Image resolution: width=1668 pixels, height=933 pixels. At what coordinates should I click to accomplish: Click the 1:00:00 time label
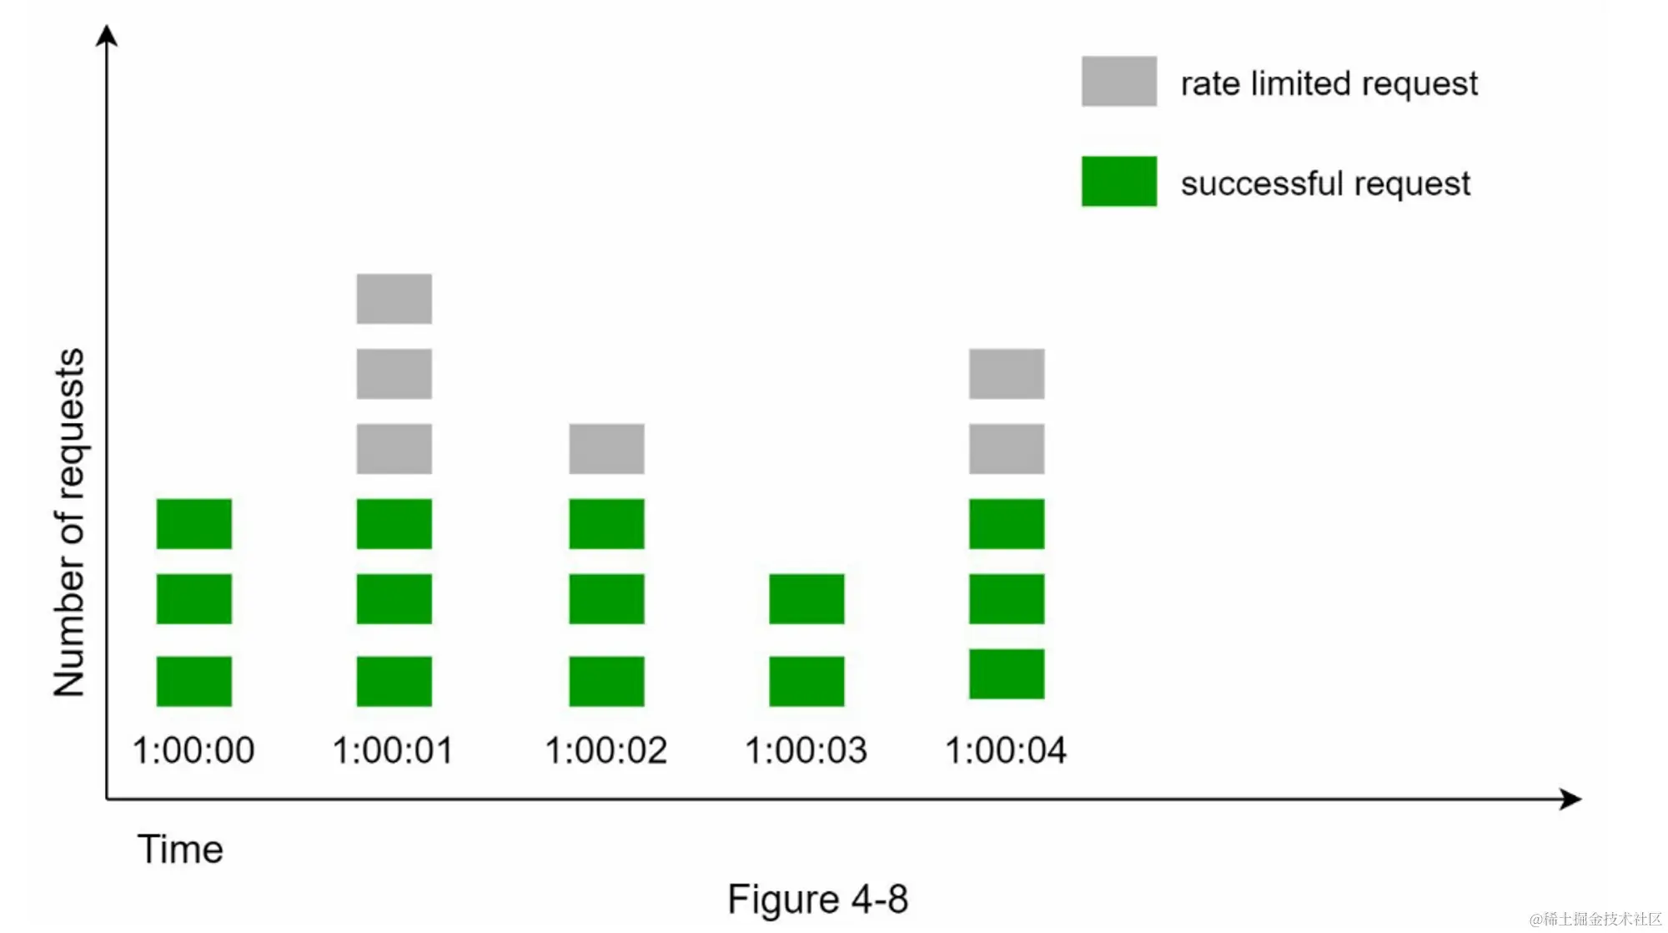[x=193, y=749]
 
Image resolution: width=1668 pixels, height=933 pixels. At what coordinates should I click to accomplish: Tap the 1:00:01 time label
[x=393, y=749]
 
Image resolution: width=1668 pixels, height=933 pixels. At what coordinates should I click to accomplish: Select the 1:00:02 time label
[x=606, y=749]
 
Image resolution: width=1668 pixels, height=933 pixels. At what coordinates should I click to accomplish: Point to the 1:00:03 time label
[x=806, y=749]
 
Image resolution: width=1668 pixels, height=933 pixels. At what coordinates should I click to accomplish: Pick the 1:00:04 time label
[x=1006, y=749]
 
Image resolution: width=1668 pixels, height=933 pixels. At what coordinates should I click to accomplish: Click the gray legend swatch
[x=1118, y=81]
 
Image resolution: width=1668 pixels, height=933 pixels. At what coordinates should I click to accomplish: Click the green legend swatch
[x=1118, y=181]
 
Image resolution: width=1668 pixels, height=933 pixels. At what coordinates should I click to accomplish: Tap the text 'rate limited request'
[x=1329, y=83]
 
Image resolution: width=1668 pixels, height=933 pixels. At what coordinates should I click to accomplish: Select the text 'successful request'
[x=1325, y=184]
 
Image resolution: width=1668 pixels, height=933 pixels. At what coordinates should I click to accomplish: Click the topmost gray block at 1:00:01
[x=394, y=298]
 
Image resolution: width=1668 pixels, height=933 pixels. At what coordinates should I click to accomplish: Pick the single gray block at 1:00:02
[x=606, y=448]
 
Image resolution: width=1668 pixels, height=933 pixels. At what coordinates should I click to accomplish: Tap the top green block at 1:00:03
[x=806, y=598]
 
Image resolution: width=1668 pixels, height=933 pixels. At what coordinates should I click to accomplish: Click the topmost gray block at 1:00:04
[x=1006, y=373]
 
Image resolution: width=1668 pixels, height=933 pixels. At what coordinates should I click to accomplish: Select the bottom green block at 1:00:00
[x=193, y=681]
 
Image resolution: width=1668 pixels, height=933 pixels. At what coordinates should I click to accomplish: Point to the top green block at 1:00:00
[x=193, y=523]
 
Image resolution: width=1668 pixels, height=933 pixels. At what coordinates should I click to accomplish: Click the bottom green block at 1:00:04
[x=1006, y=673]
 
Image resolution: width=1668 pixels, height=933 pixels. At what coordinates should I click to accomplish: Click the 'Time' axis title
[x=180, y=849]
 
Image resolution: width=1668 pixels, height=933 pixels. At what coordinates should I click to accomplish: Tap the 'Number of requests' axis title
[x=69, y=522]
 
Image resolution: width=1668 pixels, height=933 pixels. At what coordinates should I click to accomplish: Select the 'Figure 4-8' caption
[x=817, y=899]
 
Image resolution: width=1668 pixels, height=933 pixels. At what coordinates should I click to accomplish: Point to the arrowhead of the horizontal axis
[x=1572, y=799]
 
